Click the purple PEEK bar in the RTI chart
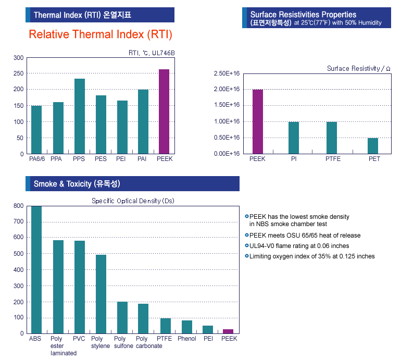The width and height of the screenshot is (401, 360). tap(164, 111)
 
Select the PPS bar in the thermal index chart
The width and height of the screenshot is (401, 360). tap(79, 116)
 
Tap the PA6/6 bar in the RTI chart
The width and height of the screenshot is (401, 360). tap(36, 130)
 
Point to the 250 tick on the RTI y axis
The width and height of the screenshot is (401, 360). tap(19, 73)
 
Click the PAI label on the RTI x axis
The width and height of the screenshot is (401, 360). tap(143, 159)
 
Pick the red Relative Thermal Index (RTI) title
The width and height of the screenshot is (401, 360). tap(101, 34)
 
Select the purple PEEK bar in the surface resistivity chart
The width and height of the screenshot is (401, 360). tap(257, 121)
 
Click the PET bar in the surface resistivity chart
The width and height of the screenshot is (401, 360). tap(373, 145)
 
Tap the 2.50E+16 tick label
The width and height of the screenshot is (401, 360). tap(227, 73)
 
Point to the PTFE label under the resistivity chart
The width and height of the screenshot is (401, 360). tap(333, 159)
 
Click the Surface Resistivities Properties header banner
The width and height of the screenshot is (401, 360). tap(317, 18)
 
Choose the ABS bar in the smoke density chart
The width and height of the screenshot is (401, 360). tap(36, 269)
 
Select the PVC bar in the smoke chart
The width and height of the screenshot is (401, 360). tap(80, 287)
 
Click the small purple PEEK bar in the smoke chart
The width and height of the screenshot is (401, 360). tap(228, 331)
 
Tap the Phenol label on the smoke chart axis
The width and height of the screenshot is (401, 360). tap(187, 339)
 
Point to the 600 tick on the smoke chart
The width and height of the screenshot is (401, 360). tap(19, 238)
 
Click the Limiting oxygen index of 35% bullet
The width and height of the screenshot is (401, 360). tap(311, 256)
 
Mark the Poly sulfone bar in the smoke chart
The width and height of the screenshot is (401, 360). tap(122, 317)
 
